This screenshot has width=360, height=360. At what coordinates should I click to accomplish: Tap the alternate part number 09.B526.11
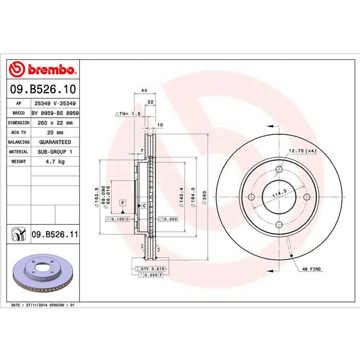coord(55,235)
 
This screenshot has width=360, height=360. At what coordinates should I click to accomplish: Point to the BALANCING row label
coord(19,142)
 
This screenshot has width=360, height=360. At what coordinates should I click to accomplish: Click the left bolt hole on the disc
coord(251,196)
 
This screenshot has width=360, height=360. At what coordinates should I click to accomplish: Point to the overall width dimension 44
coord(145,91)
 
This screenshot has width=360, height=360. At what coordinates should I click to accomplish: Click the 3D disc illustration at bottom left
coord(44,272)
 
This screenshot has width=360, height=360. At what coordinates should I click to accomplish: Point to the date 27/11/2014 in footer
coord(36,305)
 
